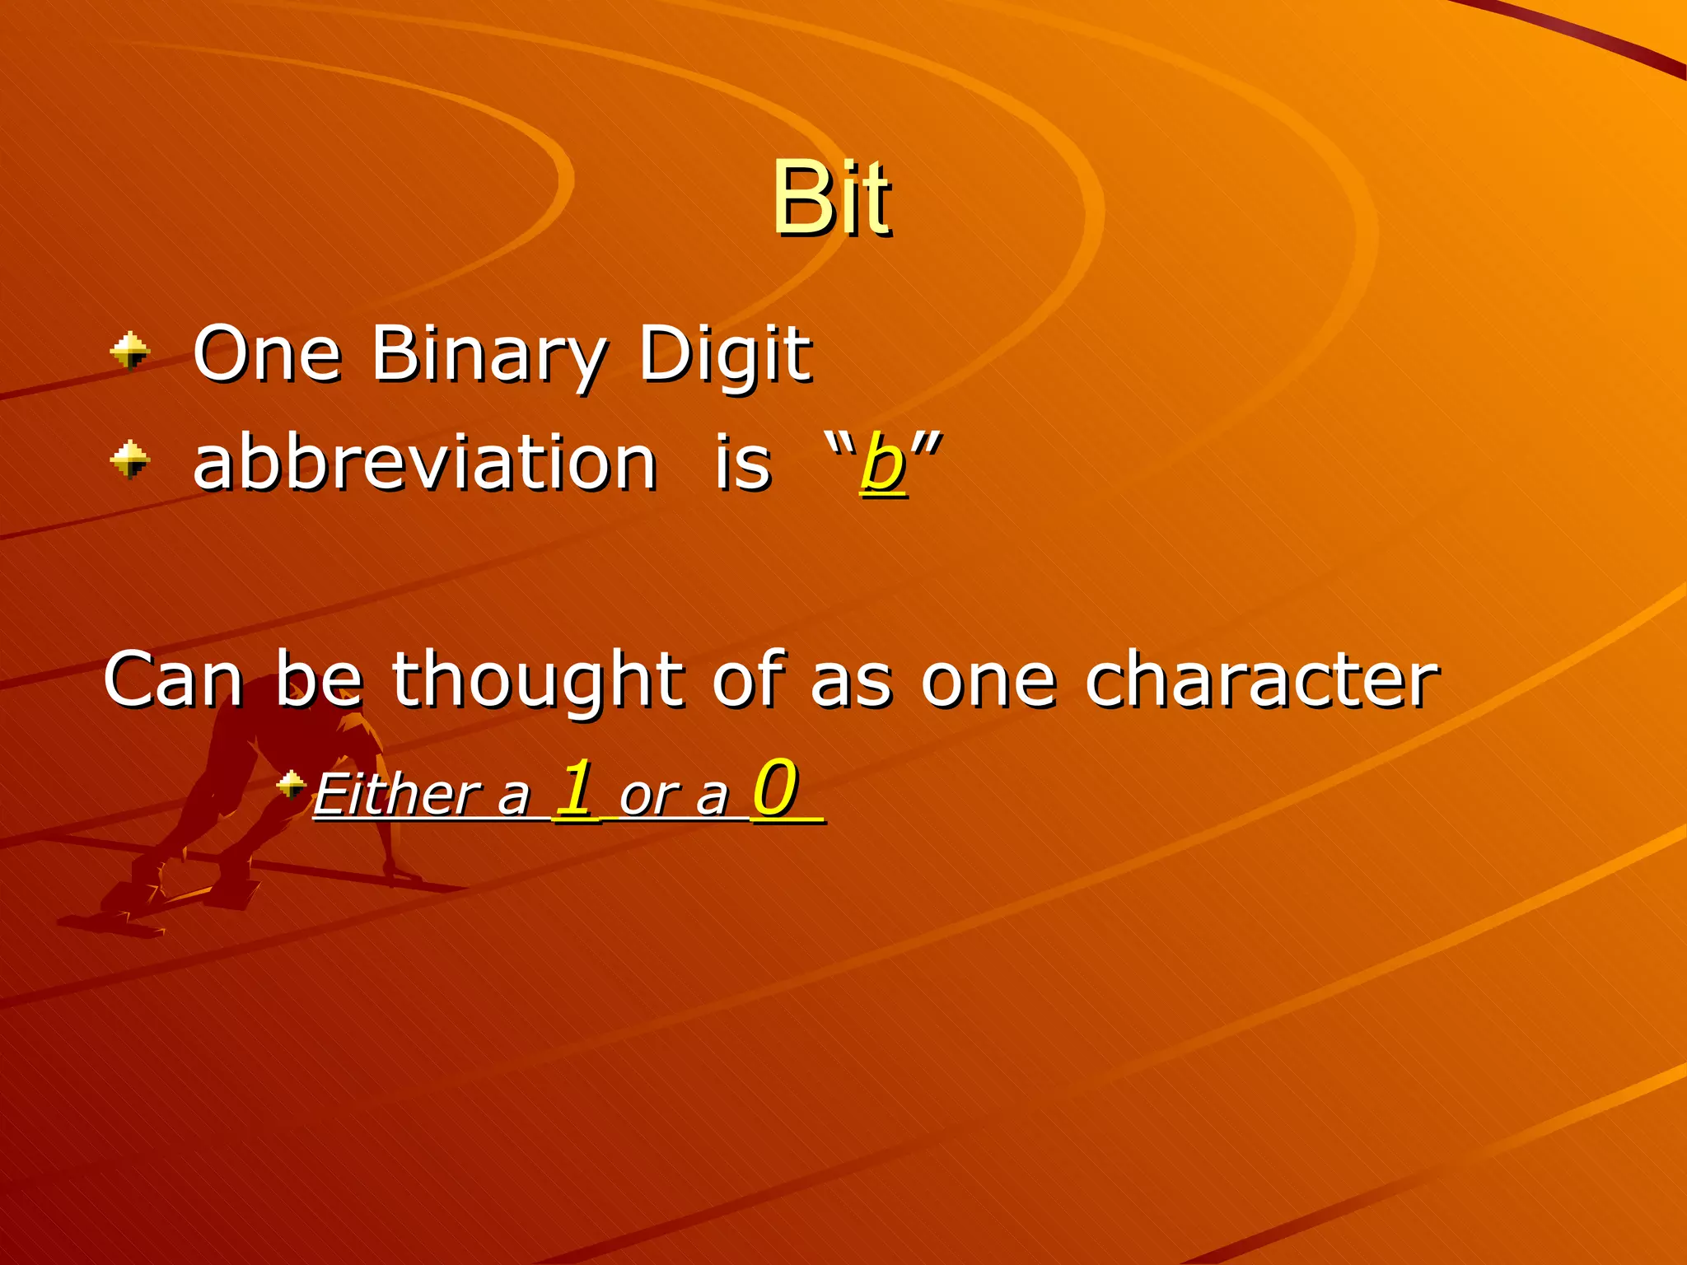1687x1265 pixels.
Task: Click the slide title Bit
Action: (830, 198)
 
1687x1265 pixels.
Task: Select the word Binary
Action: (488, 356)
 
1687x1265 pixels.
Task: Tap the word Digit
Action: (725, 356)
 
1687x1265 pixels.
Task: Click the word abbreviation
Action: (424, 463)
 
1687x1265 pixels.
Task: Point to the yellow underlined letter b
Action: (882, 464)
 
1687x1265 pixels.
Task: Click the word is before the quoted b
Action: (742, 463)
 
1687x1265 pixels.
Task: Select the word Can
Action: (174, 680)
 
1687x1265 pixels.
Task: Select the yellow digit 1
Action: (575, 787)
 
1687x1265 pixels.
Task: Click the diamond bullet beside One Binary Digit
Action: (130, 352)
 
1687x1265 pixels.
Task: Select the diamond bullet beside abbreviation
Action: (130, 460)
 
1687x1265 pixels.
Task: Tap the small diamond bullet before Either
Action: (291, 783)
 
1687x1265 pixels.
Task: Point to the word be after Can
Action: (318, 680)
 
